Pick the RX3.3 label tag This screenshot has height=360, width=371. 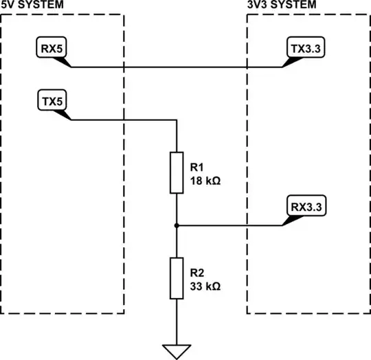tap(303, 205)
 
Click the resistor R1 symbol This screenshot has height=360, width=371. tap(177, 172)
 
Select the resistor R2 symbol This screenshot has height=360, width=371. tap(177, 278)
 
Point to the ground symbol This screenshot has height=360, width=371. tap(177, 350)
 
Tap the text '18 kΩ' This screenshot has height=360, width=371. tap(204, 182)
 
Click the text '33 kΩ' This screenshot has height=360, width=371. tap(204, 286)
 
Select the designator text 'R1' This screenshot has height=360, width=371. tap(196, 168)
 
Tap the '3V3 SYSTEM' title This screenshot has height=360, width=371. tap(282, 5)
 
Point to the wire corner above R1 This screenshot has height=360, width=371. tap(177, 121)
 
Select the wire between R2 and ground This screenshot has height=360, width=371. tap(177, 319)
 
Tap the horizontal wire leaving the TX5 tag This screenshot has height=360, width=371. tap(124, 121)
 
